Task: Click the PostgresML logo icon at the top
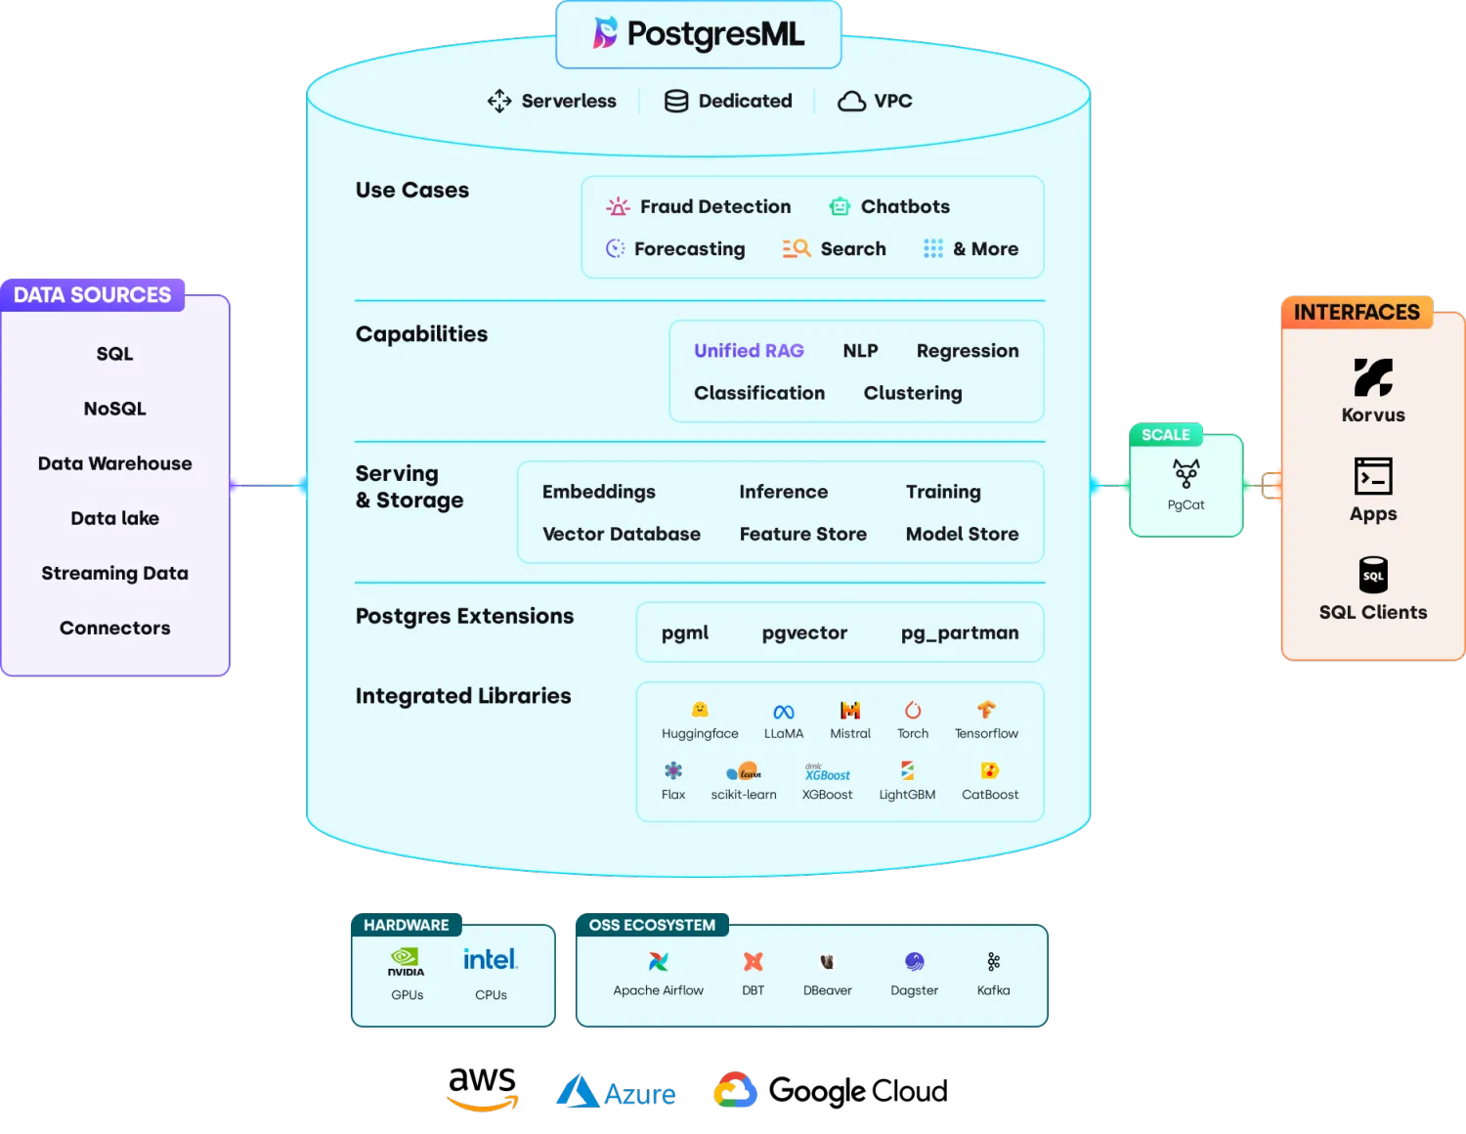click(606, 33)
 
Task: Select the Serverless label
click(568, 101)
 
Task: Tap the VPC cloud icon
click(851, 102)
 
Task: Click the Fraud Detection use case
click(714, 206)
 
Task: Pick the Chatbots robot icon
click(840, 206)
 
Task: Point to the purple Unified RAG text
click(749, 350)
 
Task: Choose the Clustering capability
click(912, 393)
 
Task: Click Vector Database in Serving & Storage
click(621, 534)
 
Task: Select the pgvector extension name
click(804, 632)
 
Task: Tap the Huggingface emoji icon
click(700, 710)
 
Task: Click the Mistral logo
click(850, 711)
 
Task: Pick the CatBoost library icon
click(989, 771)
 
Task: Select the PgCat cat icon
click(1186, 474)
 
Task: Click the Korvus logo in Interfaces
click(1373, 377)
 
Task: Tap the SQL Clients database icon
click(1373, 575)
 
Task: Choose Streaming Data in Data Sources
click(114, 573)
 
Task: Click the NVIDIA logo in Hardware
click(406, 961)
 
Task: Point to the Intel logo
click(490, 959)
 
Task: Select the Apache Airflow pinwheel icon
click(659, 962)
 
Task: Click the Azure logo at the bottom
click(616, 1092)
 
